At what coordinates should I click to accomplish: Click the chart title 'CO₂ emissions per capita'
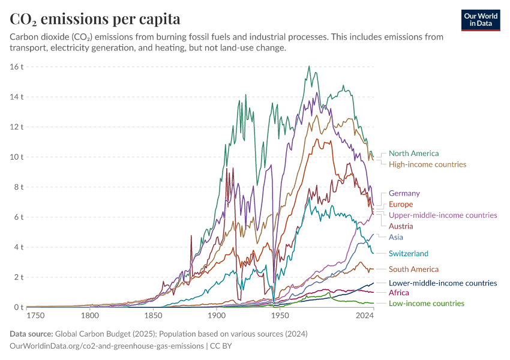pos(95,19)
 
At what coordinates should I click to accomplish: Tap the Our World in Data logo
pos(481,20)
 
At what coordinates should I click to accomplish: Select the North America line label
pos(413,154)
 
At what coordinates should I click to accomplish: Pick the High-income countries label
pos(427,164)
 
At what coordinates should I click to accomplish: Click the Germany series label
pos(404,193)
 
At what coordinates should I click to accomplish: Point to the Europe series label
pos(401,204)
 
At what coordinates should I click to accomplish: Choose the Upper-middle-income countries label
pos(443,215)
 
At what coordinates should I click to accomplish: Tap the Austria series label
pos(400,226)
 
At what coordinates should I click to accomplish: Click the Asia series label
pos(395,237)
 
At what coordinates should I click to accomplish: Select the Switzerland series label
pos(408,253)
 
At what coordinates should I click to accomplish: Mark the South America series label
pos(413,269)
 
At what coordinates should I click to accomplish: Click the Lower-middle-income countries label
pos(443,283)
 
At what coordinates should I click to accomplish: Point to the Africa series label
pos(398,293)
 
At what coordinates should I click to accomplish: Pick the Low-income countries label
pos(426,303)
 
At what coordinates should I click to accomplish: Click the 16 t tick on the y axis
pos(16,66)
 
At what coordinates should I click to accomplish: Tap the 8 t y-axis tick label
pos(18,187)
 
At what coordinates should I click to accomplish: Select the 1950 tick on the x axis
pos(280,315)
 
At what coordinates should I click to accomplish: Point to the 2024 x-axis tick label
pos(364,315)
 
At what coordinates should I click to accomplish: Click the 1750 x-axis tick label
pos(35,315)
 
